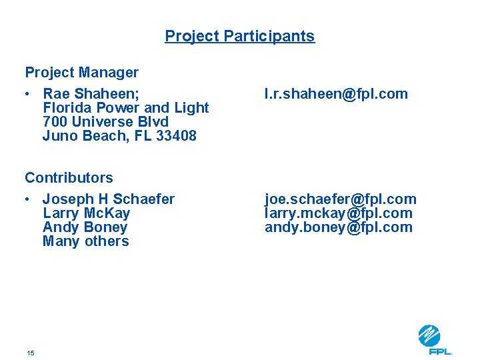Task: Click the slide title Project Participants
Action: (x=239, y=36)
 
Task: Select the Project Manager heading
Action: (x=81, y=72)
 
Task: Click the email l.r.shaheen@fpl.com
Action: (x=336, y=94)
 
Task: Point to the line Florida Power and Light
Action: (x=125, y=107)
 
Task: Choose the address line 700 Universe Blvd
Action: (x=105, y=121)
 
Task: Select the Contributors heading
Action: (x=69, y=177)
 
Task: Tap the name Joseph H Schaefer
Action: (x=108, y=199)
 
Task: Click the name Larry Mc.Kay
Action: (x=86, y=213)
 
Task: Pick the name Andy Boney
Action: (x=85, y=227)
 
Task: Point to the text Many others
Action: (x=85, y=241)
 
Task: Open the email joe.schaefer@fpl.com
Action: (x=340, y=199)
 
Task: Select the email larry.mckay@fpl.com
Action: (x=339, y=213)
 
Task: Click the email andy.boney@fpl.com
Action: (x=339, y=227)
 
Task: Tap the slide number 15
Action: (x=31, y=353)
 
